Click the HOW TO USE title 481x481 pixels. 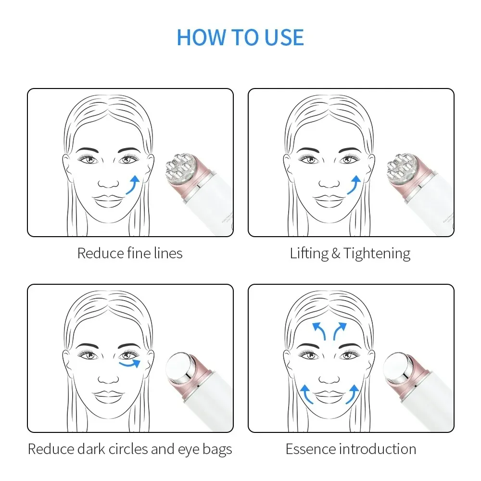(240, 38)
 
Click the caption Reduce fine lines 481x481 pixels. (130, 253)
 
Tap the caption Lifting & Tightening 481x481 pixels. (350, 253)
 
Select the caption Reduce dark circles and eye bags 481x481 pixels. (130, 449)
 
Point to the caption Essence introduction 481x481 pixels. (351, 449)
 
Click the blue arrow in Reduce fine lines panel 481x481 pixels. (133, 185)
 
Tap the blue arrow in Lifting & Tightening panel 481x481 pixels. (354, 185)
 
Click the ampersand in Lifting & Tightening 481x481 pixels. (335, 253)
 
